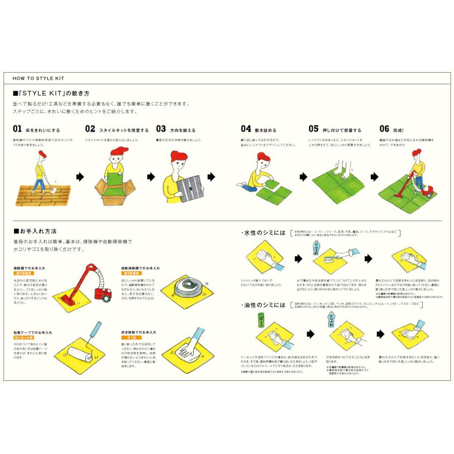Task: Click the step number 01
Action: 17,129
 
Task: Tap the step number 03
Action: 161,129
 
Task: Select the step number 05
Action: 313,129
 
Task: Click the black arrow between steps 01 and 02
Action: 79,177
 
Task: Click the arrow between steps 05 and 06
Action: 374,177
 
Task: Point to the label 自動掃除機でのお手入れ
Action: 140,268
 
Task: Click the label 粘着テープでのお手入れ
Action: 33,332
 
